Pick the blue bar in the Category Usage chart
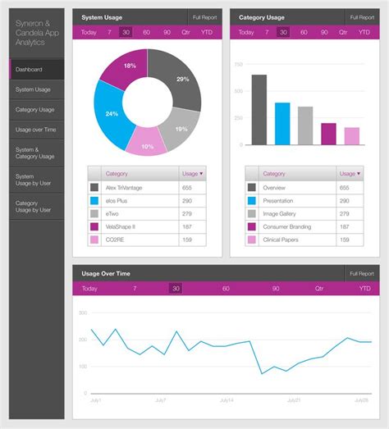282,123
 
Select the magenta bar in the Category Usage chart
328,134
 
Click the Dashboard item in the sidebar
36,69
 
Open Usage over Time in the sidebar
36,130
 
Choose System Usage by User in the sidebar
36,180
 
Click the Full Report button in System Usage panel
204,16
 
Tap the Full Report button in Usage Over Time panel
361,273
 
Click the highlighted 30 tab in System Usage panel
125,32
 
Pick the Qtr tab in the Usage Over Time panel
319,289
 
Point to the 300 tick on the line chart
82,313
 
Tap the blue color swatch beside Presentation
252,200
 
